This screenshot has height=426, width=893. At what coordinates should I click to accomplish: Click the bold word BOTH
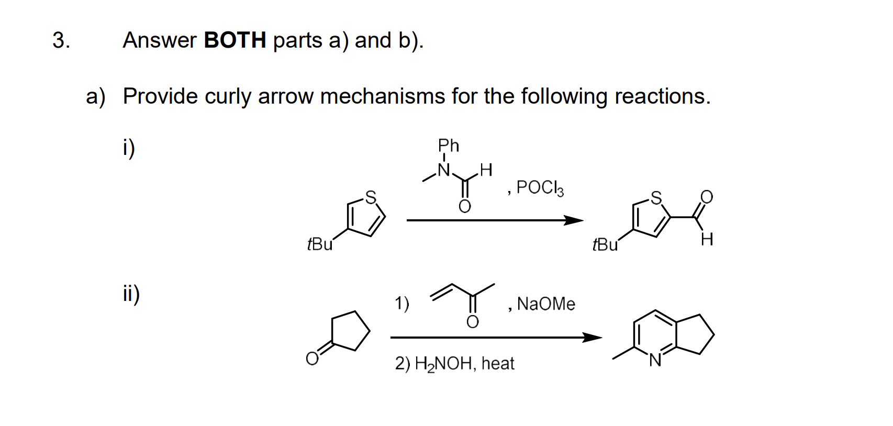[235, 40]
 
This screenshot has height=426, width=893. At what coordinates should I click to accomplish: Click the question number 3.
[61, 40]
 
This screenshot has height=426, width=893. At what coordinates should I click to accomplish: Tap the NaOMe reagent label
[546, 304]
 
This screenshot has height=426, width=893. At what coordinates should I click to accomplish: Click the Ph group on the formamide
[449, 145]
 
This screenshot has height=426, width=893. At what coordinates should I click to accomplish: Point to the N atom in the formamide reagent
[444, 170]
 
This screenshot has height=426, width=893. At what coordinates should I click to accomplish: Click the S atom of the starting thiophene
[371, 197]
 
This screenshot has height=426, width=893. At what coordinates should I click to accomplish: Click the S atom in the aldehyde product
[656, 197]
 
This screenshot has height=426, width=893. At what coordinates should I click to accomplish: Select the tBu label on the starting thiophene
[320, 244]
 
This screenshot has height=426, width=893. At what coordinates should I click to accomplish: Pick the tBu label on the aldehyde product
[605, 244]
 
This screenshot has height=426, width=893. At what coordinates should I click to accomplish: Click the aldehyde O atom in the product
[706, 197]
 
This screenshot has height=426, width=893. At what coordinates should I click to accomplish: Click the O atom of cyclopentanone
[312, 358]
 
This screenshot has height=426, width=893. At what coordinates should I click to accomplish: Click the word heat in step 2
[498, 363]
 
